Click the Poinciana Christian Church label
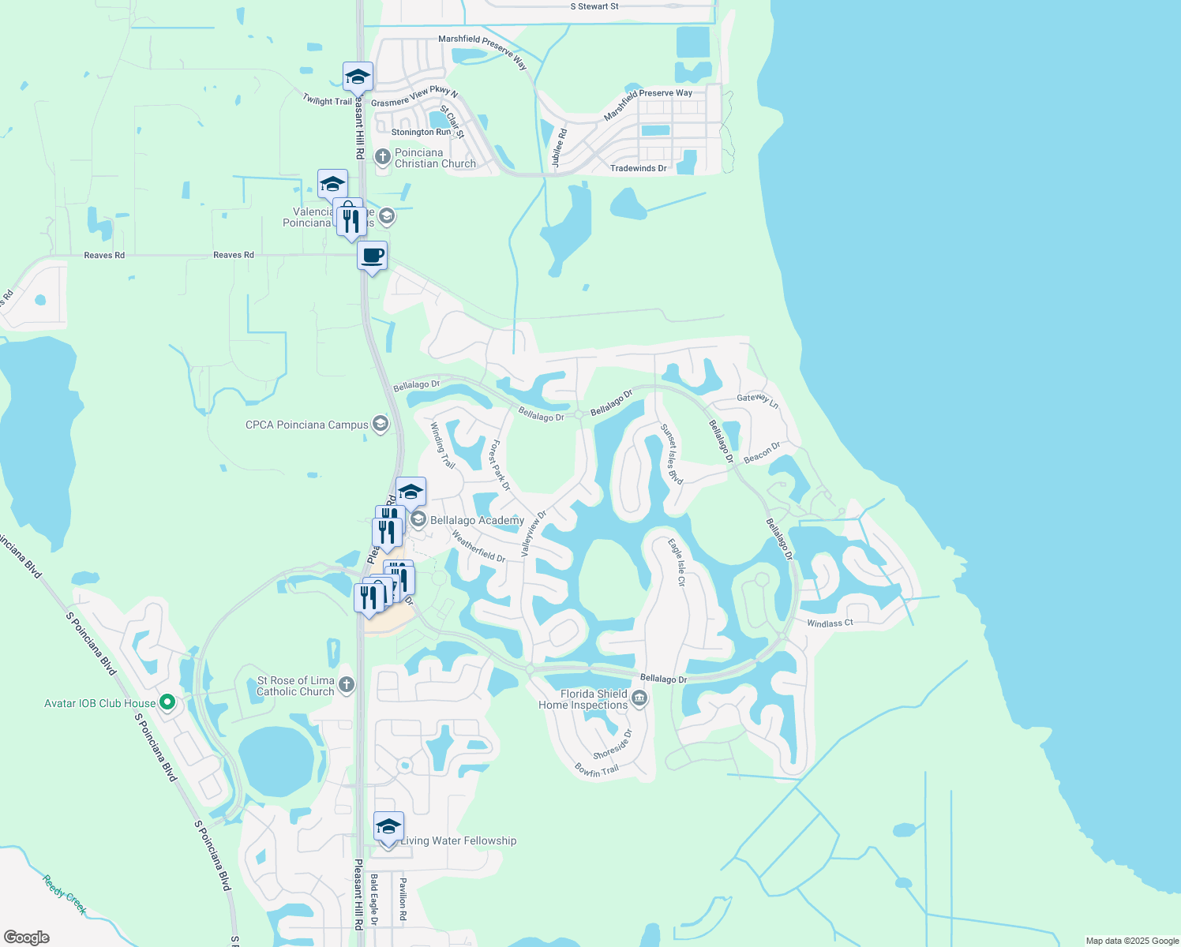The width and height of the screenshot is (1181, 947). pos(435,158)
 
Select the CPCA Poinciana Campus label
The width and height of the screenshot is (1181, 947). pos(307,425)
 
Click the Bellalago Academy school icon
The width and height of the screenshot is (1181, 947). pos(418,519)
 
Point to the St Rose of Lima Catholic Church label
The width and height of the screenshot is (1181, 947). pos(296,686)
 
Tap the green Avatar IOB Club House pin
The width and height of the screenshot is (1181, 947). pos(167,702)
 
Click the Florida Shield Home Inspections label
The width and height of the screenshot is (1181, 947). pos(583,699)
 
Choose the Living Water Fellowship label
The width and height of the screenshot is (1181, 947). pos(458,840)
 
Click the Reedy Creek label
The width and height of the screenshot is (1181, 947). pos(65,894)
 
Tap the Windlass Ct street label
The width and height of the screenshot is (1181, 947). pos(830,623)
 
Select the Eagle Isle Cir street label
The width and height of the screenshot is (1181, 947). pos(677,563)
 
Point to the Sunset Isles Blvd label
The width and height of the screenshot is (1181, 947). pos(672,454)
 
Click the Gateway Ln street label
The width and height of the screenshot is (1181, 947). pos(758,400)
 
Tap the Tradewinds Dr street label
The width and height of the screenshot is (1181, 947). pos(638,168)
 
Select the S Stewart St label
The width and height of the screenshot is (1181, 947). pos(594,6)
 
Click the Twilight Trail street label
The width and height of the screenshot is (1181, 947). pos(327,100)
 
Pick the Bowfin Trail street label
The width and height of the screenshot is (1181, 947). pos(597,769)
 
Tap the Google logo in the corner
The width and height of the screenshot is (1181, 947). pos(27,938)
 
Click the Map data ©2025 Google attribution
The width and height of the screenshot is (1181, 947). pos(1132,941)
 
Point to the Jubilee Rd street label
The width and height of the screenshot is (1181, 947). pos(559,148)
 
